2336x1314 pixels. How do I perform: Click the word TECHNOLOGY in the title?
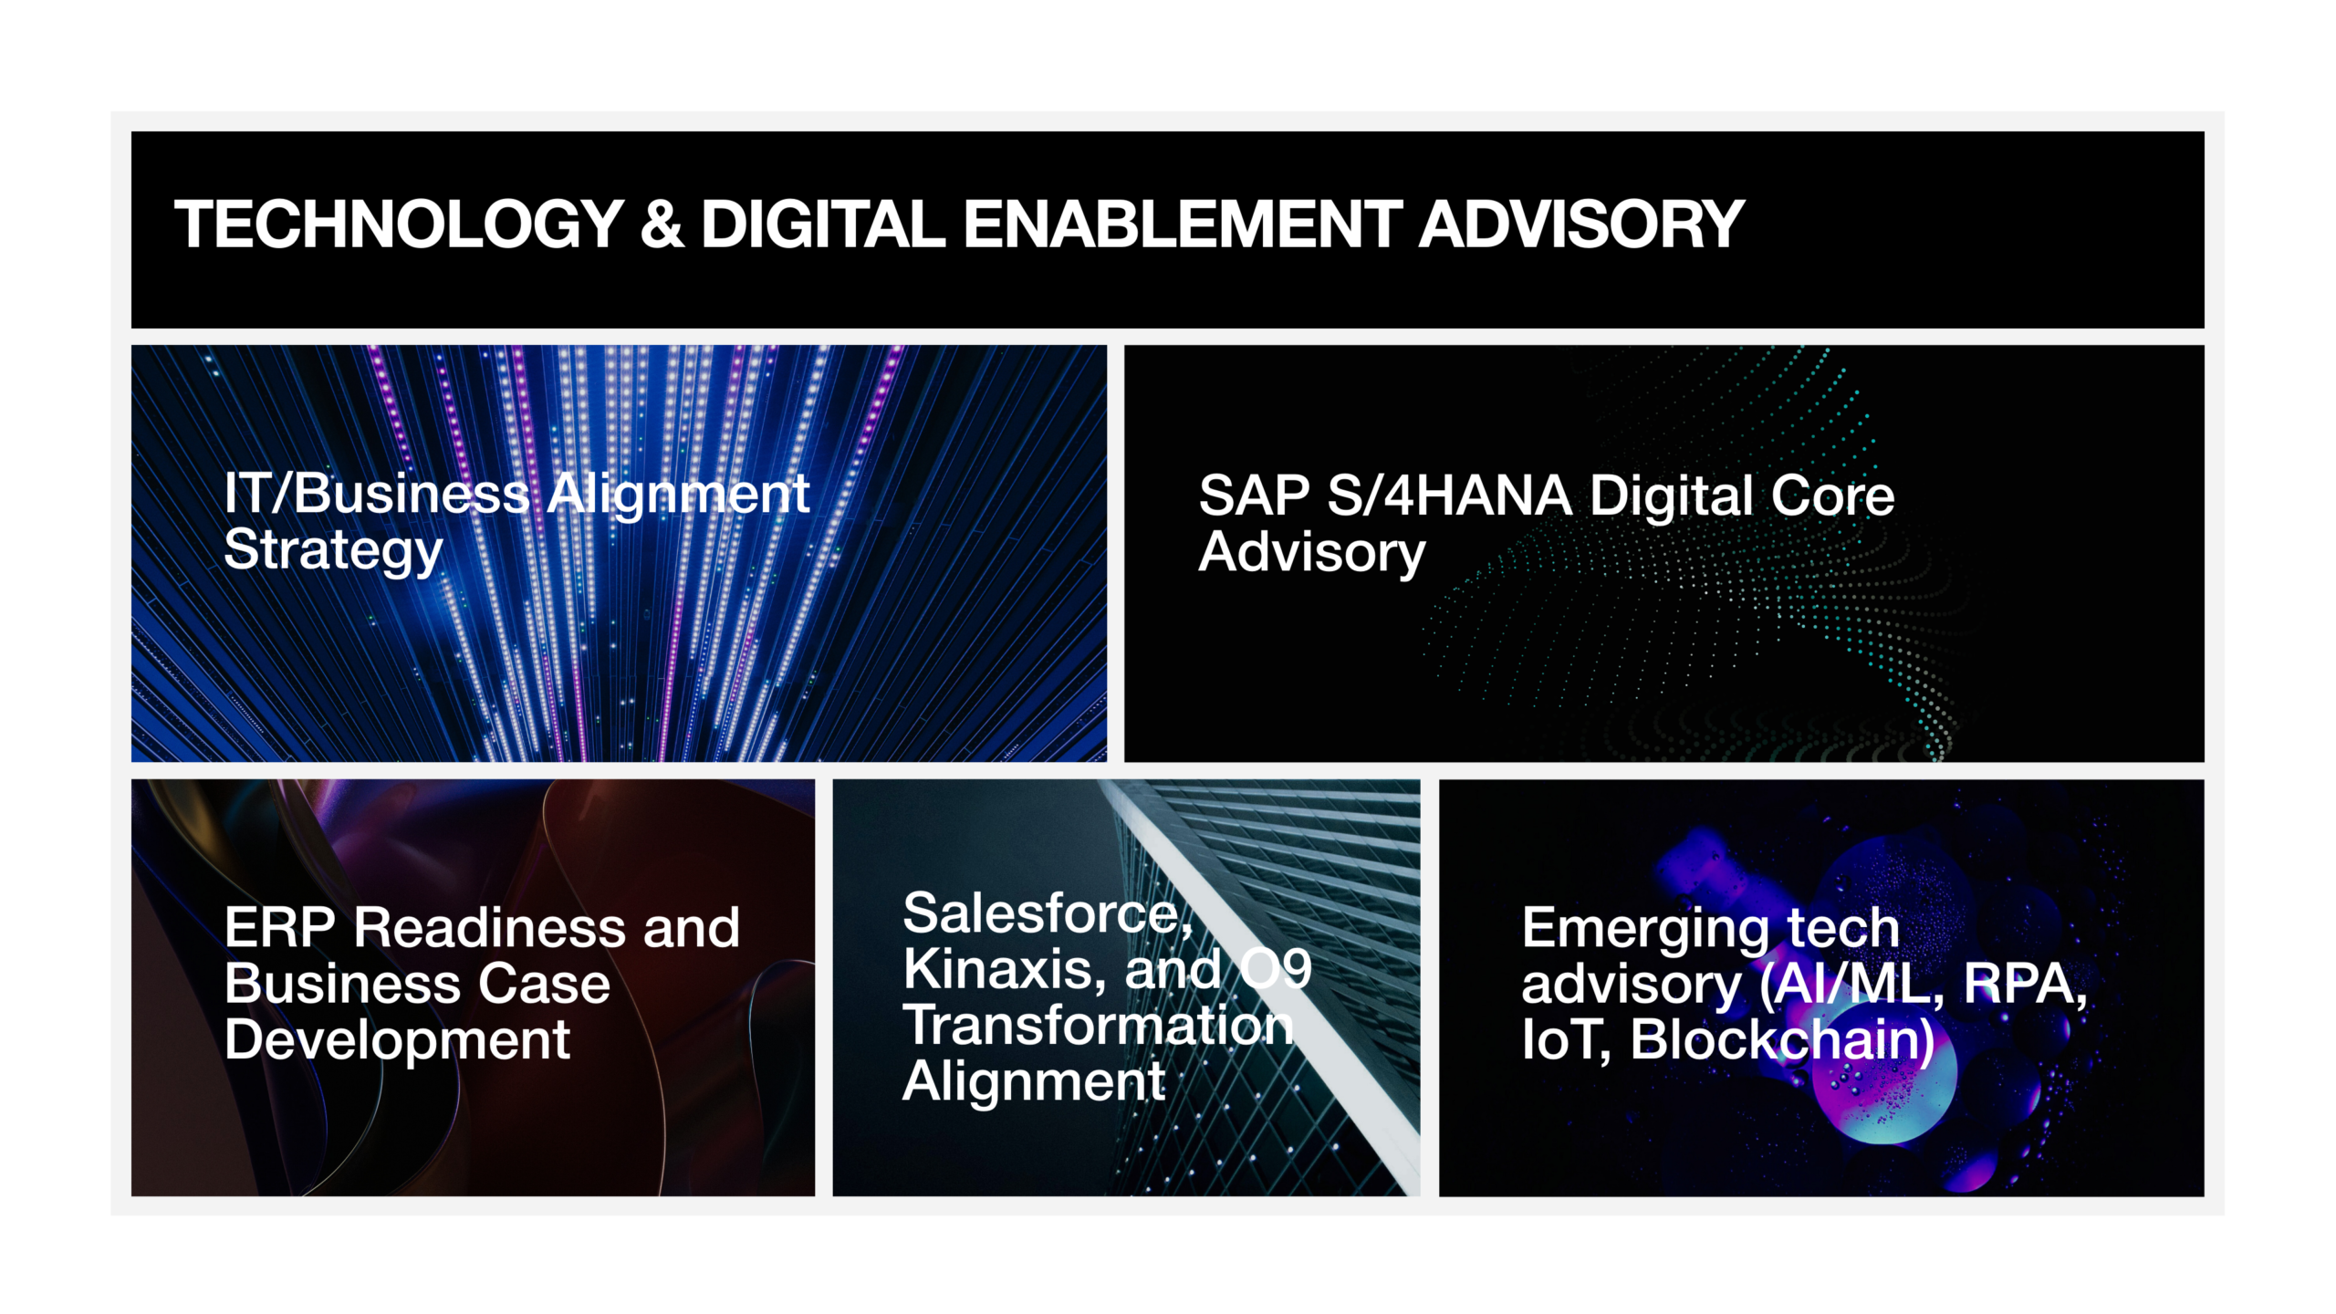399,224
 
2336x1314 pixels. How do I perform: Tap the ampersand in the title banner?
662,224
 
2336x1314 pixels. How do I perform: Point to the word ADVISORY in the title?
1581,224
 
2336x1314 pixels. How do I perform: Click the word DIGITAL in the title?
823,224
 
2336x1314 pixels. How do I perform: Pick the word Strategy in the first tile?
333,552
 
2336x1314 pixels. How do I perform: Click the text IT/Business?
377,494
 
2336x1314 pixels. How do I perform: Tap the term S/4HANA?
1449,495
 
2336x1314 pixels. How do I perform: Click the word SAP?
1254,495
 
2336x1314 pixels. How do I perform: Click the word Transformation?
1098,1025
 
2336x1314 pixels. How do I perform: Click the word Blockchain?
1781,1040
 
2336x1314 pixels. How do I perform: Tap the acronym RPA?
2025,985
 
